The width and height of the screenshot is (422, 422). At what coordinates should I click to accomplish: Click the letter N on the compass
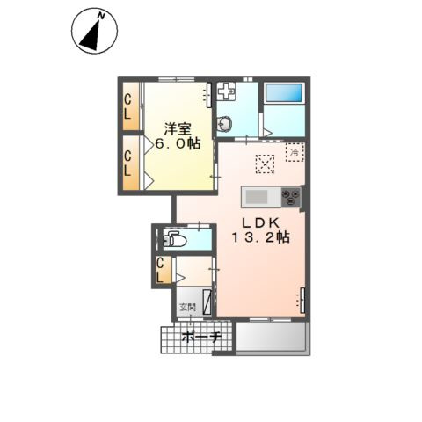(101, 16)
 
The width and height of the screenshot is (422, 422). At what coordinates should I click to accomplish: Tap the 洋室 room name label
(178, 129)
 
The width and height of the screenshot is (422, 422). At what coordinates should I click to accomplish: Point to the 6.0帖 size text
(178, 144)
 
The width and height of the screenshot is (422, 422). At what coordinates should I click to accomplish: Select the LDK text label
(261, 223)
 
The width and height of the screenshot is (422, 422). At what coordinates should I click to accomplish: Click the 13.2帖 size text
(261, 236)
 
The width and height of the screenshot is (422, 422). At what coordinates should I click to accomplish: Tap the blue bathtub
(284, 92)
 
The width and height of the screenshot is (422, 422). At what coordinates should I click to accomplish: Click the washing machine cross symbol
(227, 91)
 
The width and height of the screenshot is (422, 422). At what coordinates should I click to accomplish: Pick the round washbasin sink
(225, 125)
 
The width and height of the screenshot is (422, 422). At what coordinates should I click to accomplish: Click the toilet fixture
(175, 239)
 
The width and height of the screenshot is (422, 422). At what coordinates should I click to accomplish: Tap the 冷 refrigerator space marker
(295, 152)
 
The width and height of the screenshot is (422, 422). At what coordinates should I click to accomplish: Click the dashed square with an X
(265, 164)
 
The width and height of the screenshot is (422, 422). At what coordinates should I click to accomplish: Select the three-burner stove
(291, 197)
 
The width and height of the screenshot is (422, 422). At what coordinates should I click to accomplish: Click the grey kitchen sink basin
(257, 197)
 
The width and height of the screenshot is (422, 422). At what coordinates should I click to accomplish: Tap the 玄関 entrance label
(187, 308)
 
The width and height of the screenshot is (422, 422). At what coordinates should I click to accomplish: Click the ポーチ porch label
(201, 338)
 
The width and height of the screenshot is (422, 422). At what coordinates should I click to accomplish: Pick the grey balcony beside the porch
(273, 338)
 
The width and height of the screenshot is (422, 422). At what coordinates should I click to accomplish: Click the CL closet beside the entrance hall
(164, 270)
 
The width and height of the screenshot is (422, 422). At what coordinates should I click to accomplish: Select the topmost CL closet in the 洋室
(131, 106)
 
